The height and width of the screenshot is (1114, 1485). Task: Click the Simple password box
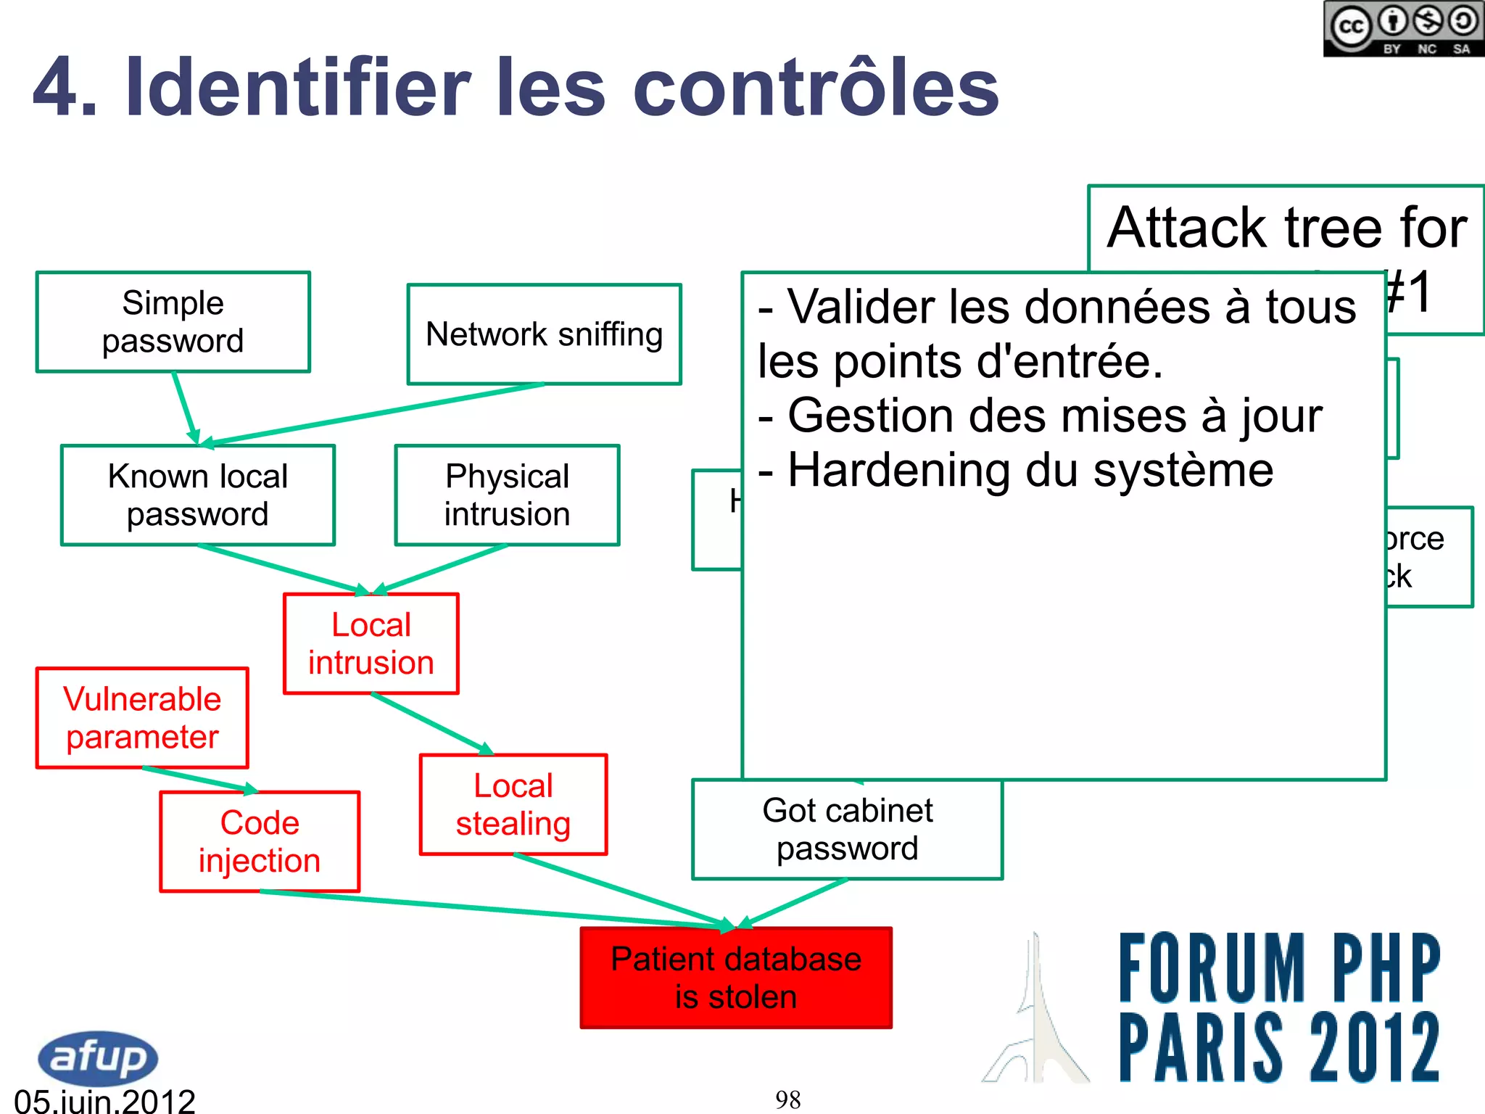[173, 322]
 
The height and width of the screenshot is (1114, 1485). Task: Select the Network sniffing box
[544, 334]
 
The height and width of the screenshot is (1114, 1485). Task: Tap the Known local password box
[198, 495]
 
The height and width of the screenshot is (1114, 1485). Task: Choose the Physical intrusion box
[507, 495]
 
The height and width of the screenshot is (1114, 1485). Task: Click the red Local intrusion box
[371, 644]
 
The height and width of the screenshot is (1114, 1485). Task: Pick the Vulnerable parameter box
[142, 718]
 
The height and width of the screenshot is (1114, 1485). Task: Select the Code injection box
[260, 842]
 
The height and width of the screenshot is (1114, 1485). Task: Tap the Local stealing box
[513, 805]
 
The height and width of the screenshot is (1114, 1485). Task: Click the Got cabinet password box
[847, 830]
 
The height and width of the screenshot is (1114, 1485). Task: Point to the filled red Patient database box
[736, 978]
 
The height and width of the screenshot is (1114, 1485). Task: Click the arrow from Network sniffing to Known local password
[377, 413]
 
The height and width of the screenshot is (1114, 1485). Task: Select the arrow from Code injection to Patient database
[493, 909]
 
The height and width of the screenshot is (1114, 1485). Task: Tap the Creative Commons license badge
[1403, 29]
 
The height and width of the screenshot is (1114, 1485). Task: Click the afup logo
[98, 1057]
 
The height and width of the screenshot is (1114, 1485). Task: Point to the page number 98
[787, 1099]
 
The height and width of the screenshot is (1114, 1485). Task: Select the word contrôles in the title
[816, 88]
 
